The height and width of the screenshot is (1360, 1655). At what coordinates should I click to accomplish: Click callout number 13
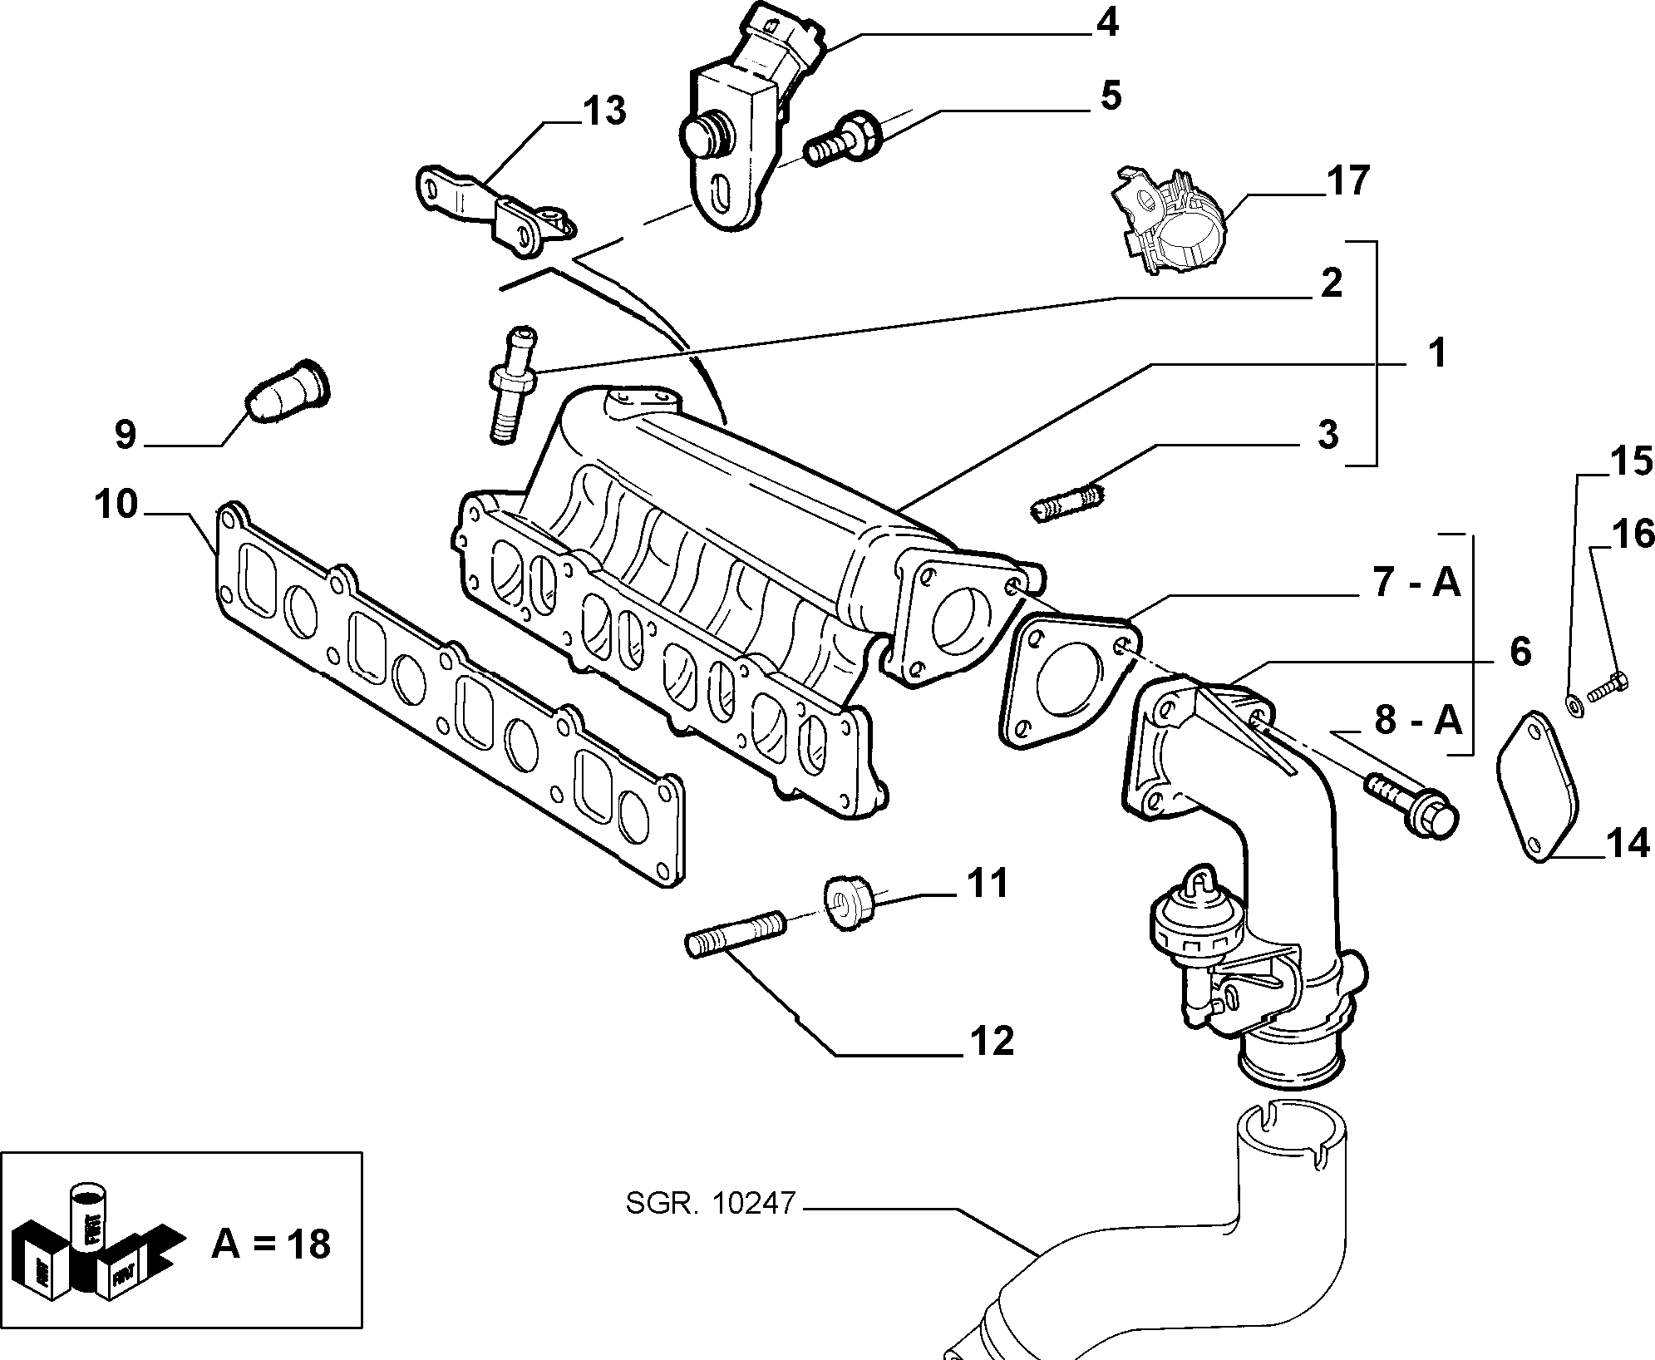click(x=603, y=111)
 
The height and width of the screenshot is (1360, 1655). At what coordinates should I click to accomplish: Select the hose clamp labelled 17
click(x=1170, y=221)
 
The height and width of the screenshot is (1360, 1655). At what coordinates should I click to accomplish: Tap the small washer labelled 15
click(x=1573, y=705)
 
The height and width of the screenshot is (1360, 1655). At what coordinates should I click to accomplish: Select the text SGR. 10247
click(x=711, y=1203)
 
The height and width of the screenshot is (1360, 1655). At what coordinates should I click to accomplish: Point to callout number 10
click(x=115, y=504)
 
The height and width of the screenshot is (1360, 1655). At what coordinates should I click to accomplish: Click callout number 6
click(x=1520, y=652)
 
